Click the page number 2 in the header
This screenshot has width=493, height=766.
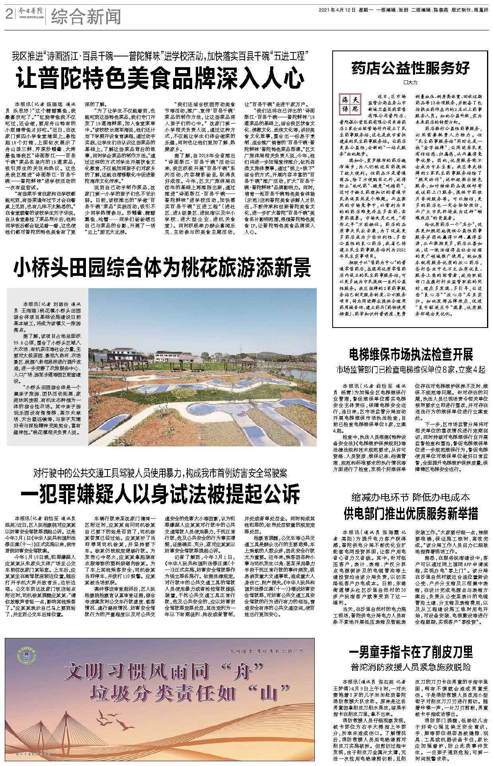coord(8,16)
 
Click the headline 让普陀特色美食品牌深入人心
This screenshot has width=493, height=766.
coord(160,78)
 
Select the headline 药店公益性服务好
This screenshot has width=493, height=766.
coord(411,68)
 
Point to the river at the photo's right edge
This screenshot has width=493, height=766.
coord(306,374)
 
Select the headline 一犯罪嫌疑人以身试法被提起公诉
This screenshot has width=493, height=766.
coord(160,494)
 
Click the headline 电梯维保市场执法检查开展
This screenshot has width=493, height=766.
coord(411,354)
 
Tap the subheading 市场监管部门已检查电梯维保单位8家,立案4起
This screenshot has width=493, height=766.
coord(411,370)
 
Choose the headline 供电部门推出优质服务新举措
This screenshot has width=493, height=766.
coord(411,514)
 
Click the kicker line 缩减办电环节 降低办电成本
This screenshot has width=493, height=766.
coord(411,497)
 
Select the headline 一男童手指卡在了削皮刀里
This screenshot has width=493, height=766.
coord(411,652)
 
